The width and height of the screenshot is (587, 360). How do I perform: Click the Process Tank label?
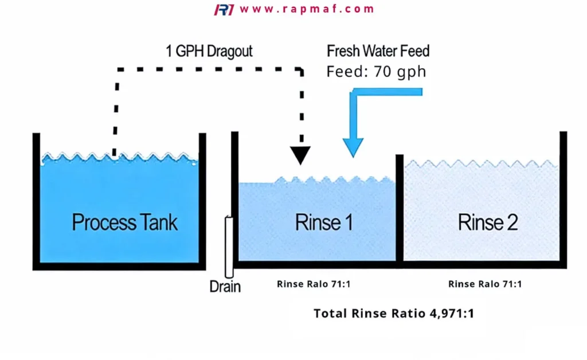(x=124, y=222)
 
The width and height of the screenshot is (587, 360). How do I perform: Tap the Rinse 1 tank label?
(x=324, y=222)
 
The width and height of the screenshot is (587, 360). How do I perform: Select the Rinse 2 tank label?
(x=488, y=222)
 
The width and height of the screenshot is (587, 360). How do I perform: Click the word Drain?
(x=225, y=287)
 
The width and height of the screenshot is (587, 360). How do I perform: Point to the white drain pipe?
(x=229, y=247)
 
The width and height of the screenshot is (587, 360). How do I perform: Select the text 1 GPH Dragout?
(x=209, y=51)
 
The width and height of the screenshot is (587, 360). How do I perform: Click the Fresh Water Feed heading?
(x=378, y=51)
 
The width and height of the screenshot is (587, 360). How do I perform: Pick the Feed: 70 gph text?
(x=376, y=72)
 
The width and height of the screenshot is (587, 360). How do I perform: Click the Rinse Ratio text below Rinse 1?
(x=314, y=284)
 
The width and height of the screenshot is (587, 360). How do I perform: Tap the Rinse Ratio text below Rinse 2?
(x=485, y=284)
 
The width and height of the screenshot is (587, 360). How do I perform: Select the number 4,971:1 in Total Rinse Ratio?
(x=452, y=313)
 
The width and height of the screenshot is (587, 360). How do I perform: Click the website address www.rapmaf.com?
(x=307, y=9)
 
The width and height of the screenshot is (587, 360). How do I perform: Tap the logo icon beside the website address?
(x=224, y=9)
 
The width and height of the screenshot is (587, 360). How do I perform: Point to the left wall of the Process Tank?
(x=36, y=201)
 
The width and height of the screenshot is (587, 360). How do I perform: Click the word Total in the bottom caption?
(x=330, y=313)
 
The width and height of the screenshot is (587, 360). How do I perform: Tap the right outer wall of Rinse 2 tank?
(x=563, y=199)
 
